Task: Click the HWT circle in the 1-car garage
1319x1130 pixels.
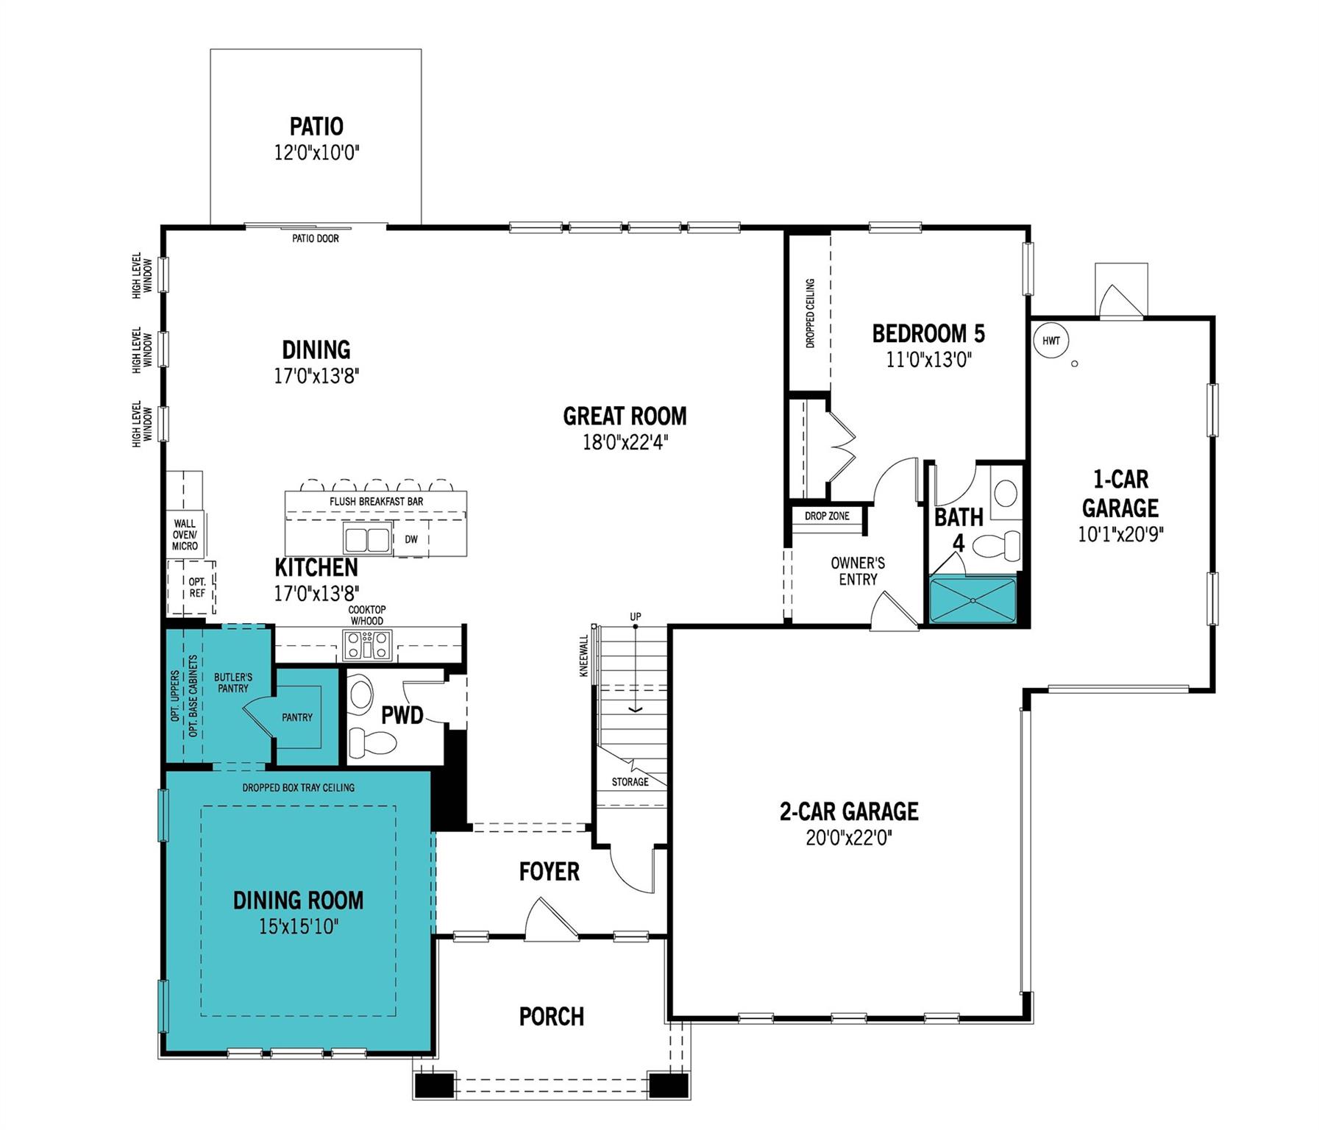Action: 1050,341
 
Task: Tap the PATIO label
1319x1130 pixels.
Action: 316,127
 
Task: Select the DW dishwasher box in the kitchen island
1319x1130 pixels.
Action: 411,539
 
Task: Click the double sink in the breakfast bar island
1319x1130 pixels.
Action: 367,539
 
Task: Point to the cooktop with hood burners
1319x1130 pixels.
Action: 367,645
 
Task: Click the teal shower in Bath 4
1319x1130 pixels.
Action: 973,600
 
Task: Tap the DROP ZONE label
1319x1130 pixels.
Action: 827,516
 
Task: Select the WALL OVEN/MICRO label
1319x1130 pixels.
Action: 185,535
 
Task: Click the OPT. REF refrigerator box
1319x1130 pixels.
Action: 196,587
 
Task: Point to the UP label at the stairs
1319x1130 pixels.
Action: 636,616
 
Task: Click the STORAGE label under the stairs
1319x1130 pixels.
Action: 630,781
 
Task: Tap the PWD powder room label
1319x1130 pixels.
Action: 402,715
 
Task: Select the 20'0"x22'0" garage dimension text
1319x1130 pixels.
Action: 848,838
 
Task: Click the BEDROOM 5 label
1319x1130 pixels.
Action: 928,334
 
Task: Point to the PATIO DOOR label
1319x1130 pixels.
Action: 316,238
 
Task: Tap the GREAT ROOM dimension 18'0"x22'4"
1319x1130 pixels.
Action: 625,442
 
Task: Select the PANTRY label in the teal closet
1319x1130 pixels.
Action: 297,717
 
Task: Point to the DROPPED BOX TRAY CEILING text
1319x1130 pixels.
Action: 299,787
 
